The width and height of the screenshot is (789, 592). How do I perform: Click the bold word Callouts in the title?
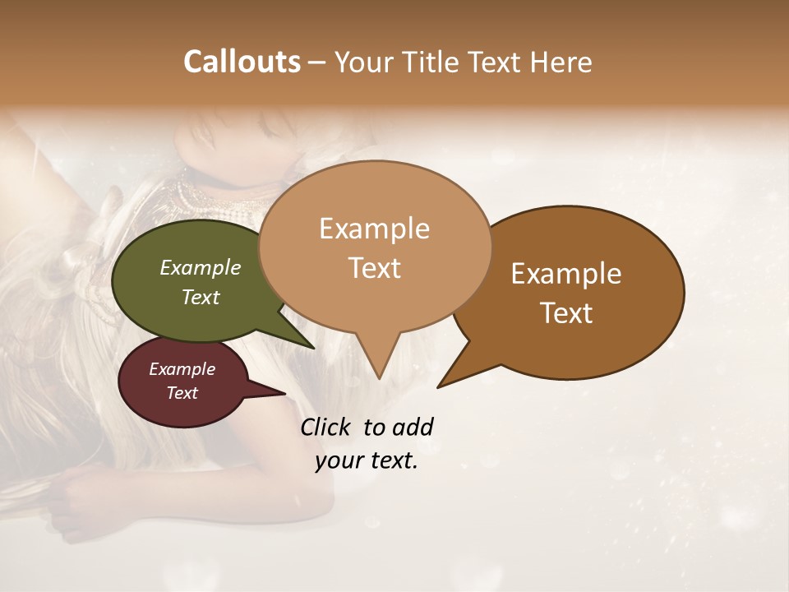pyautogui.click(x=242, y=62)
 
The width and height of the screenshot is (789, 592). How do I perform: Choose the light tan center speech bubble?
pyautogui.click(x=374, y=197)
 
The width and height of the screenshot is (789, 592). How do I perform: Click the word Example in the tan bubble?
pyautogui.click(x=374, y=229)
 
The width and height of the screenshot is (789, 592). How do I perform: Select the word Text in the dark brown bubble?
pyautogui.click(x=567, y=313)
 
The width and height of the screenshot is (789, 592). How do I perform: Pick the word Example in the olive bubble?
pyautogui.click(x=200, y=268)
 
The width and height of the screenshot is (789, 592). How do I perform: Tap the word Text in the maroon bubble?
pyautogui.click(x=182, y=393)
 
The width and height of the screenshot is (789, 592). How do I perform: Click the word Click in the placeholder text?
pyautogui.click(x=326, y=427)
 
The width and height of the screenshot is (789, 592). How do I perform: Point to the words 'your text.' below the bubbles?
pyautogui.click(x=367, y=461)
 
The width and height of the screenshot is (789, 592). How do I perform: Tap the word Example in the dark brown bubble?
pyautogui.click(x=566, y=274)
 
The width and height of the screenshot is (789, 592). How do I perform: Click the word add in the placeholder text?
pyautogui.click(x=413, y=427)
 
